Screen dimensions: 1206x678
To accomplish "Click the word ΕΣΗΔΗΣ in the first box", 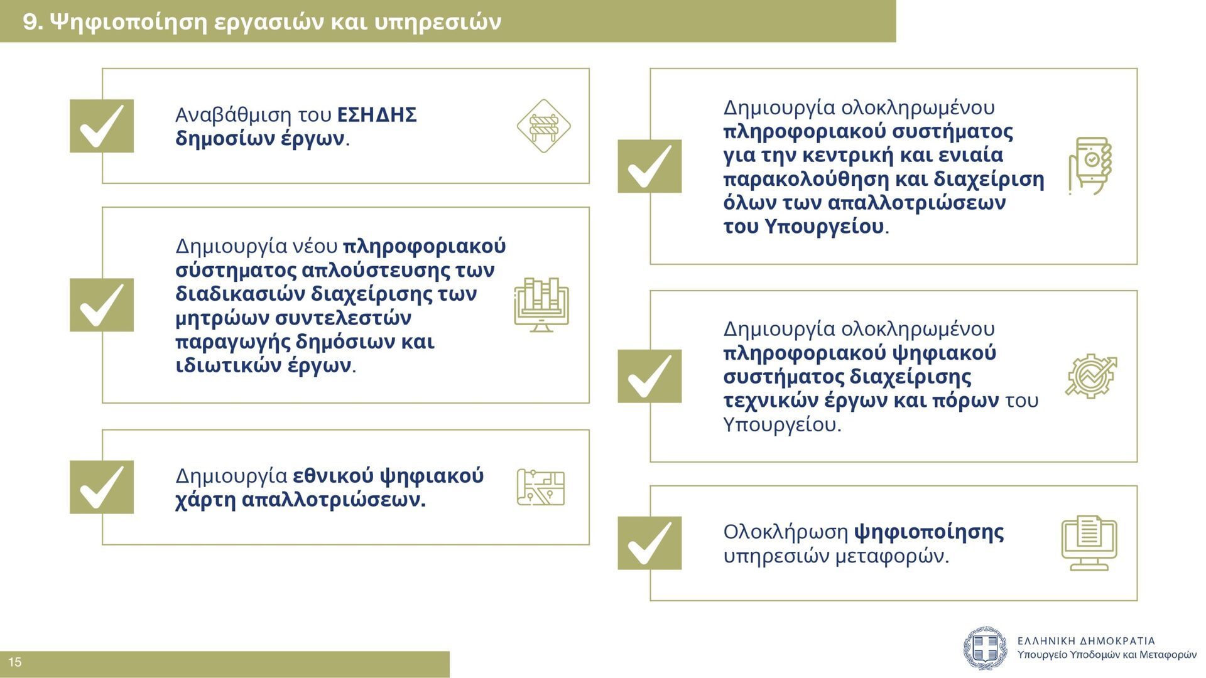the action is pos(377,115).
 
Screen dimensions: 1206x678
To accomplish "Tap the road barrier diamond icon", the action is pos(543,126).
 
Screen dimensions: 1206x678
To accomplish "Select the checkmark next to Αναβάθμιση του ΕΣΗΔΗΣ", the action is pos(102,126).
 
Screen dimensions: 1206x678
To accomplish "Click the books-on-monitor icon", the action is pos(541,305).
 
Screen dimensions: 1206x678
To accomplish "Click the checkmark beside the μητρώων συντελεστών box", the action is pos(102,304).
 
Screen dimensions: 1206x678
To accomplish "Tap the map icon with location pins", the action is pos(541,487).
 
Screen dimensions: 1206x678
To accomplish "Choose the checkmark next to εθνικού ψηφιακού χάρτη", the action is pos(102,487).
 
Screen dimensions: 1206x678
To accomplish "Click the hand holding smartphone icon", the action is pos(1090,166).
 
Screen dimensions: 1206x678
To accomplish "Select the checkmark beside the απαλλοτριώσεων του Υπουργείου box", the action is pos(649,166).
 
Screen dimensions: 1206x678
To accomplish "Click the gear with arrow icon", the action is pos(1091,375).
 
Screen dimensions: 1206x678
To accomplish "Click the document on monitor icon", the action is pos(1089,543).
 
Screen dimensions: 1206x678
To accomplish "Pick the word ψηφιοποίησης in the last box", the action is pos(929,532).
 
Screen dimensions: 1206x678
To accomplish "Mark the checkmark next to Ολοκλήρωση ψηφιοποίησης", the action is pos(649,543).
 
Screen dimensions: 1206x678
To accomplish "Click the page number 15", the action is pos(15,662).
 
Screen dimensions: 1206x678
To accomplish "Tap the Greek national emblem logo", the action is pos(986,648).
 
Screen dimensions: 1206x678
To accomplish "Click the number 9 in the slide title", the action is pos(31,22).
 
